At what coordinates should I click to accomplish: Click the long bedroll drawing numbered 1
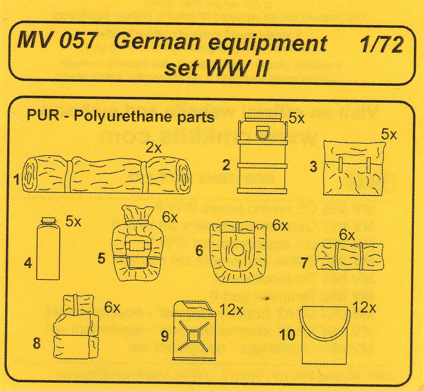pos(107,173)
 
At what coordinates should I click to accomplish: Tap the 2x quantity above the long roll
pos(153,148)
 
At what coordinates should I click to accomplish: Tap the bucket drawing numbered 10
pos(324,336)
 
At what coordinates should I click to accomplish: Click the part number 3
pos(313,167)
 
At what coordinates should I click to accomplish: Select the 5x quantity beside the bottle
pos(73,222)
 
